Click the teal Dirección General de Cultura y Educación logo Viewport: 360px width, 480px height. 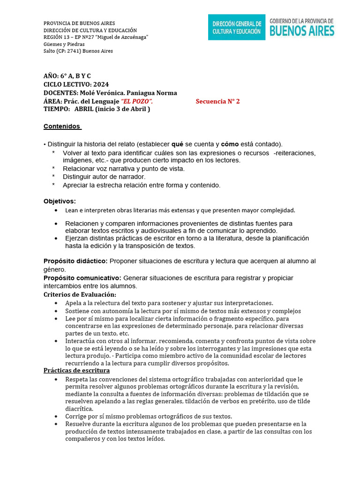pyautogui.click(x=236, y=27)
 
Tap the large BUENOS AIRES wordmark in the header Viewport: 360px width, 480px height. pyautogui.click(x=302, y=31)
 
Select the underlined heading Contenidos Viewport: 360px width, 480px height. pyautogui.click(x=62, y=126)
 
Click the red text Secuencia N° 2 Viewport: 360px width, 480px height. pyautogui.click(x=217, y=101)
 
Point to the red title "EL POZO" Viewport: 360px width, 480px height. pyautogui.click(x=136, y=101)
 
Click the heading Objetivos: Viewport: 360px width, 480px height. pyautogui.click(x=60, y=201)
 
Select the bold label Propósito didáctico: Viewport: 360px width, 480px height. pyautogui.click(x=75, y=261)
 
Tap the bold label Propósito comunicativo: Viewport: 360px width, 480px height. pyautogui.click(x=82, y=278)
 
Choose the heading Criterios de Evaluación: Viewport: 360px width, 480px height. pyautogui.click(x=80, y=294)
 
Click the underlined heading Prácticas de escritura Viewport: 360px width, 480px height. pyautogui.click(x=76, y=370)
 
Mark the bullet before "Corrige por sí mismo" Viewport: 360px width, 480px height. pyautogui.click(x=56, y=416)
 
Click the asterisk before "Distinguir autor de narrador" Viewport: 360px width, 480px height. pyautogui.click(x=53, y=177)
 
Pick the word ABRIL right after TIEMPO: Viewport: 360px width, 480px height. pyautogui.click(x=84, y=109)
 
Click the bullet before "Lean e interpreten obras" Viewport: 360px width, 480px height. pyautogui.click(x=56, y=210)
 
